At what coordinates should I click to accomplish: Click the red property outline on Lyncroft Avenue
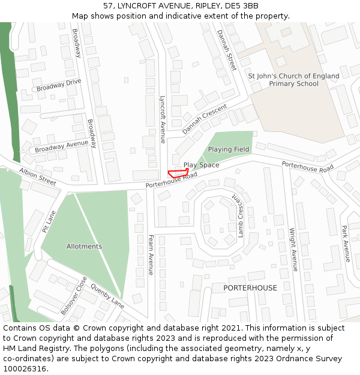pos(178,173)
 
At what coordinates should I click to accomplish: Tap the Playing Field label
pos(229,149)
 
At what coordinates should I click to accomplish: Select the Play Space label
pos(201,165)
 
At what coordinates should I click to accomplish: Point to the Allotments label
pos(84,247)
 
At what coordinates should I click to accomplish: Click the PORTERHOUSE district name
pos(250,288)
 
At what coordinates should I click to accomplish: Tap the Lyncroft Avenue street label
pos(162,119)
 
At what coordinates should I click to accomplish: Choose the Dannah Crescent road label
pos(205,118)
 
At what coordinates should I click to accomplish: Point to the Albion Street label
pos(37,176)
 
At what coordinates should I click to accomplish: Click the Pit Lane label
pos(49,221)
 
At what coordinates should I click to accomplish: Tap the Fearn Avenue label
pos(151,255)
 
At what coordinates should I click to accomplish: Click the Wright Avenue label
pos(293,250)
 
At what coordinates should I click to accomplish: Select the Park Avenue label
pos(345,244)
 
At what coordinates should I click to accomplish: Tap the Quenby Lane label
pos(107,296)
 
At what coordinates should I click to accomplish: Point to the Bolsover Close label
pos(74,296)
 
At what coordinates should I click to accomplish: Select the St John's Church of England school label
pos(293,80)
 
